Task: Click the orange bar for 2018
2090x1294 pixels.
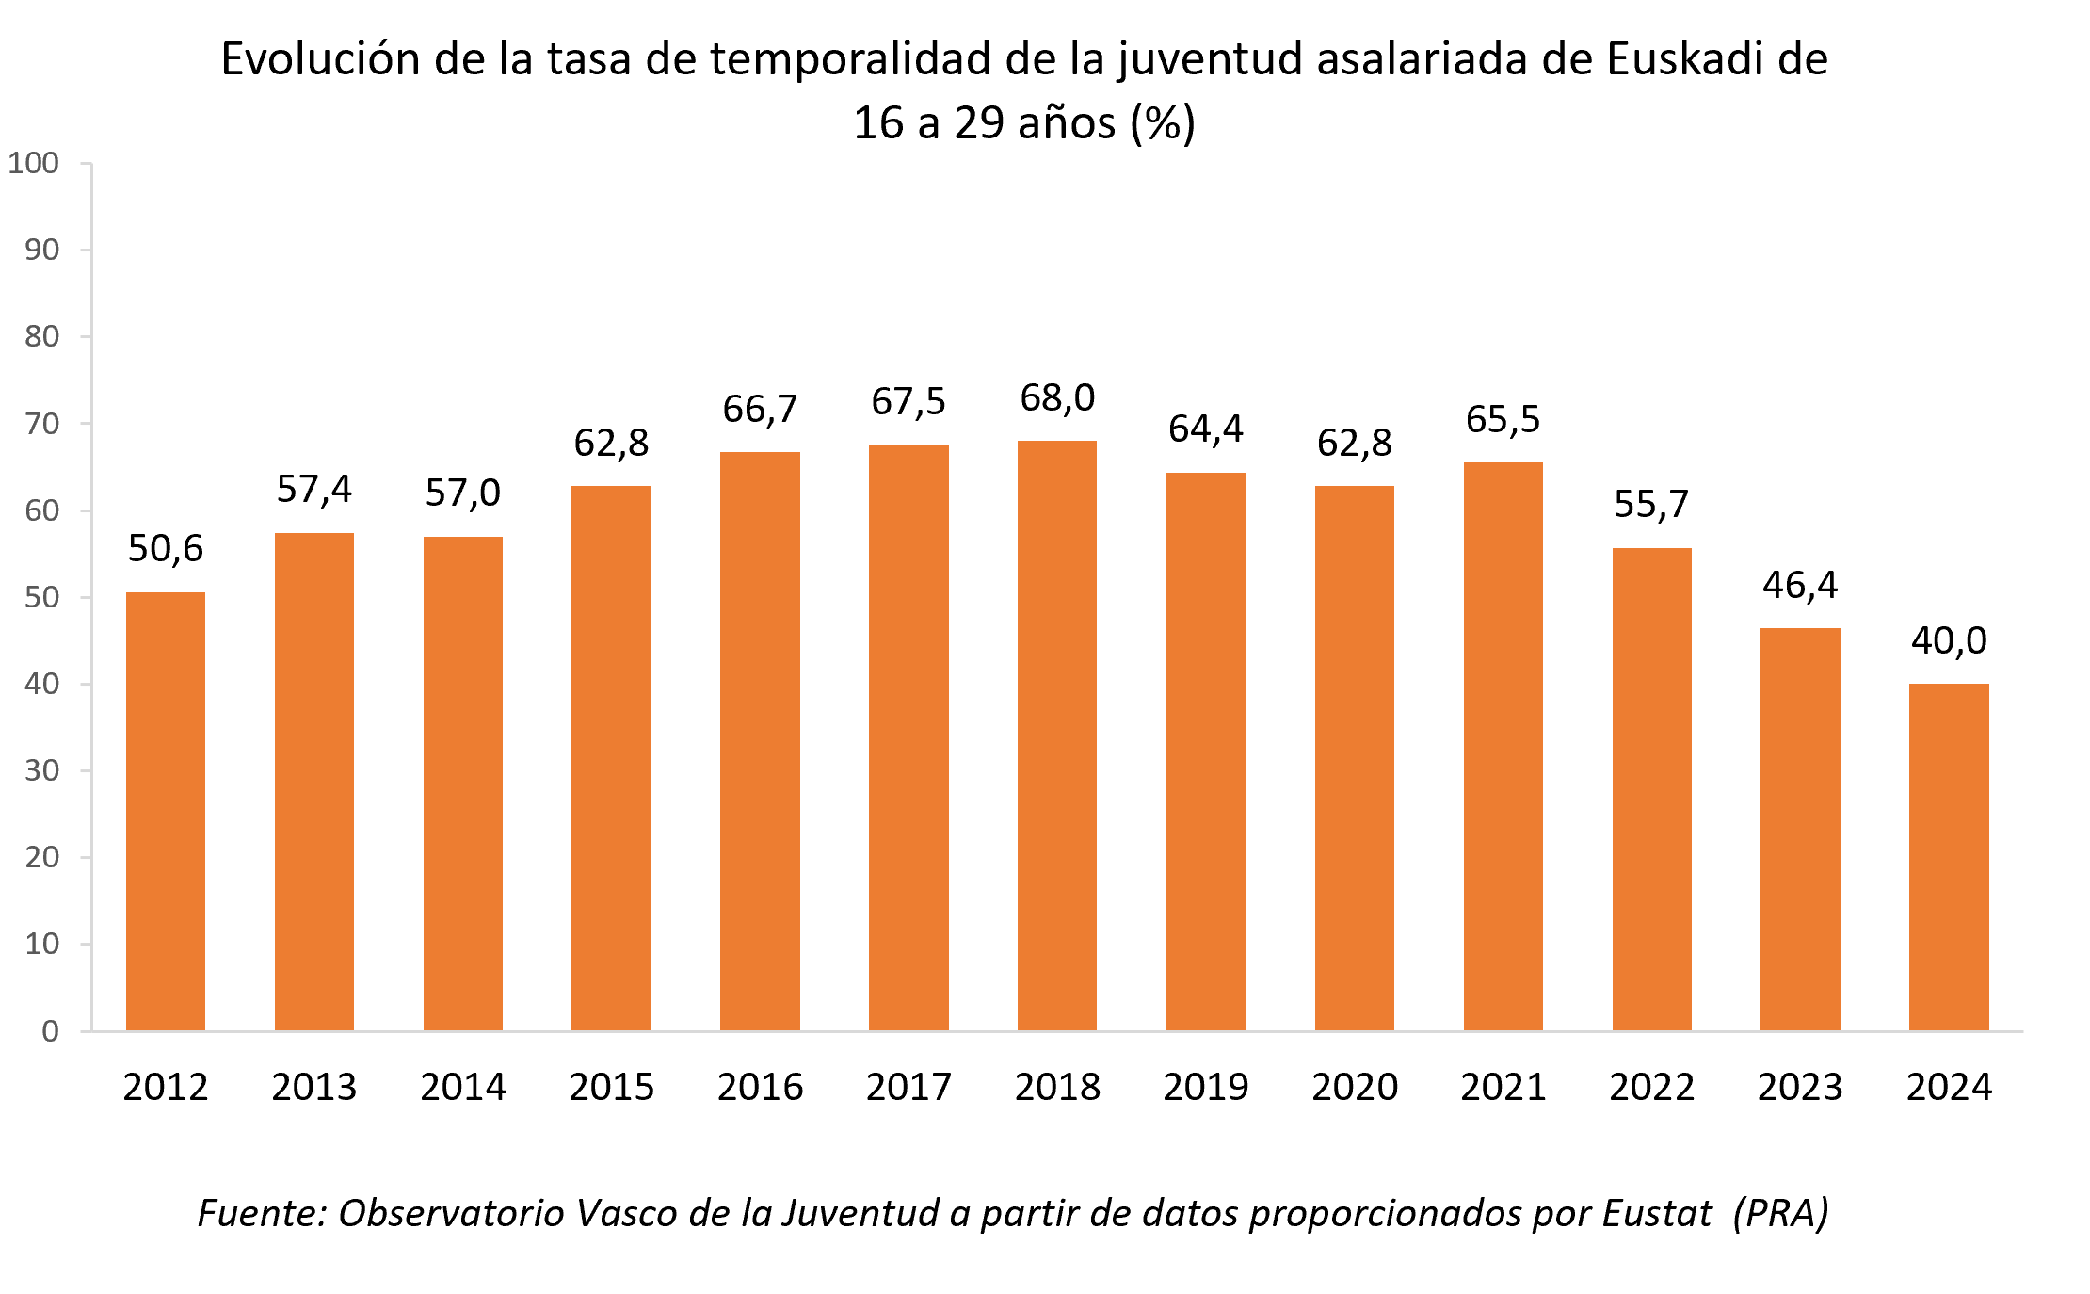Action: pyautogui.click(x=1057, y=735)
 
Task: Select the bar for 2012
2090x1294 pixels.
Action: pyautogui.click(x=166, y=810)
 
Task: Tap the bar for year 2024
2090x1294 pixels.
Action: pyautogui.click(x=1949, y=857)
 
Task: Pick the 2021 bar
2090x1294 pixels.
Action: pyautogui.click(x=1503, y=744)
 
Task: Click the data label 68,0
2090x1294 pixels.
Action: pyautogui.click(x=1057, y=397)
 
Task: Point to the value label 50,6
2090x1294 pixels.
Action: pyautogui.click(x=166, y=548)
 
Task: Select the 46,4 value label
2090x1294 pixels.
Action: pyautogui.click(x=1800, y=585)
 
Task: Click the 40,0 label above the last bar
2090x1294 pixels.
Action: pyautogui.click(x=1949, y=640)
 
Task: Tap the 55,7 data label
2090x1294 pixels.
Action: pyautogui.click(x=1651, y=504)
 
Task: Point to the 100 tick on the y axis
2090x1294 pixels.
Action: pyautogui.click(x=34, y=163)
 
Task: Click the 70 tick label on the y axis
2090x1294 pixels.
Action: pyautogui.click(x=42, y=424)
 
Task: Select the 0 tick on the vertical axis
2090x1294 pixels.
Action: pyautogui.click(x=51, y=1031)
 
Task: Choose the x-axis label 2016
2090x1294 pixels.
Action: pyautogui.click(x=760, y=1087)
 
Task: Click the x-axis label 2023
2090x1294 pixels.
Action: pyautogui.click(x=1800, y=1087)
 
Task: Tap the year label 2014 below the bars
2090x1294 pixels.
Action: pyautogui.click(x=462, y=1087)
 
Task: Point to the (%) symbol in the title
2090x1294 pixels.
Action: pyautogui.click(x=1163, y=122)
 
